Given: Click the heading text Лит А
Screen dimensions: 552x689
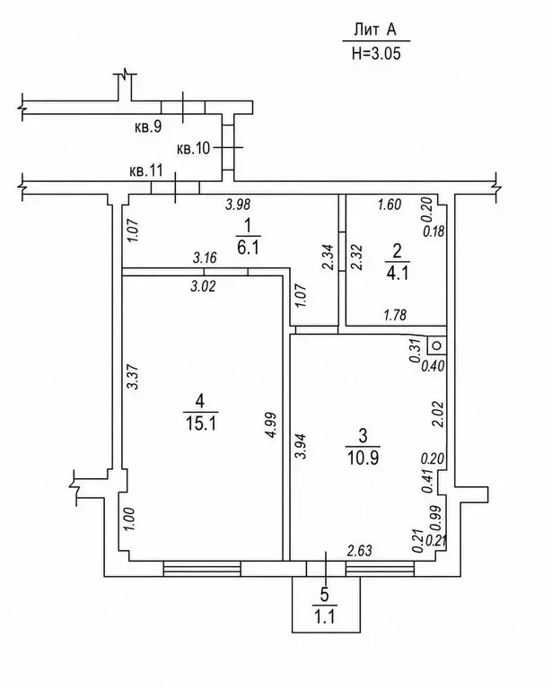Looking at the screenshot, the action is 375,30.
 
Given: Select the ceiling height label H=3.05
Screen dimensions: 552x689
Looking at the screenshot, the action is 376,54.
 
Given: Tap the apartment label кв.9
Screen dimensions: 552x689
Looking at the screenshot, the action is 148,127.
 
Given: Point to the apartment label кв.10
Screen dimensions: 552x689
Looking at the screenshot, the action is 194,148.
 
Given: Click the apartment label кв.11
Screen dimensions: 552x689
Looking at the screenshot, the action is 146,170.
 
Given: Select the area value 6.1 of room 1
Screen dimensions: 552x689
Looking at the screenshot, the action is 248,248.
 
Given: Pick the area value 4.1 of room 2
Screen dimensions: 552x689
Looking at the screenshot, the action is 398,274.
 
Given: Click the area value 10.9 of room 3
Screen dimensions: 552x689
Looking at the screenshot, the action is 363,458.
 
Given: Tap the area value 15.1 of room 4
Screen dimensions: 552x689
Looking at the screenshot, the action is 200,423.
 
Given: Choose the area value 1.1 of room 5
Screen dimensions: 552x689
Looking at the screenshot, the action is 325,616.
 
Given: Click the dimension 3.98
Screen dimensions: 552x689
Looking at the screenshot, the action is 238,205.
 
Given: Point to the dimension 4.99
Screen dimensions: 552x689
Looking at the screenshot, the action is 272,424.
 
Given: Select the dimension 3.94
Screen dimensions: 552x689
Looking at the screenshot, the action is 300,446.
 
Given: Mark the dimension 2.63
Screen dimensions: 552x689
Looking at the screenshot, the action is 360,550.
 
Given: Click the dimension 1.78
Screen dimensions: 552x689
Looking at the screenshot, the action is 395,315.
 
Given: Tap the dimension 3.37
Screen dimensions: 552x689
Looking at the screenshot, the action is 133,377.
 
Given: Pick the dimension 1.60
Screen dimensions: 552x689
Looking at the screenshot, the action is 390,205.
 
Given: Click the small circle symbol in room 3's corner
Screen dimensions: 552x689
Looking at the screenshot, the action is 437,345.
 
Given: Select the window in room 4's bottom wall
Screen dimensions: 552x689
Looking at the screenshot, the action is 202,568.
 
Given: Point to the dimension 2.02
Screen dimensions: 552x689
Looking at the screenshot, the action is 438,414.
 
